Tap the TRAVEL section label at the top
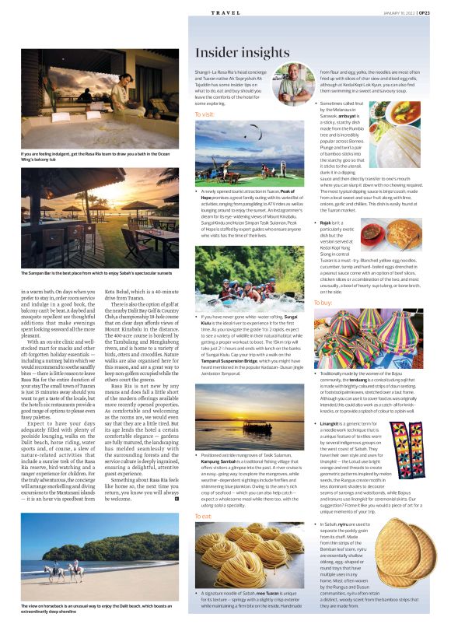[x=225, y=13]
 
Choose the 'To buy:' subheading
[x=323, y=301]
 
